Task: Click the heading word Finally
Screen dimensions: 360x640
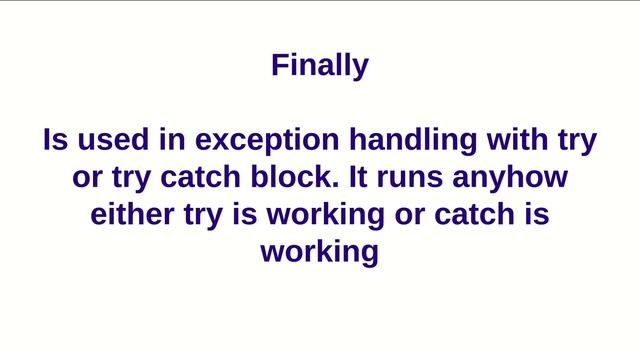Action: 320,66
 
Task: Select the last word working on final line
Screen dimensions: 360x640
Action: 320,252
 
